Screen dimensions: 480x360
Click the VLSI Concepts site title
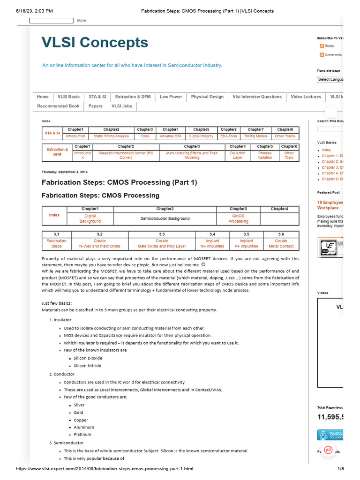pos(95,43)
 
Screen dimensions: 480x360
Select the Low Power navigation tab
pos(171,97)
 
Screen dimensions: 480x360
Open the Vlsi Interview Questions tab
pos(257,97)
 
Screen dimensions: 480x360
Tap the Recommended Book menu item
pos(58,106)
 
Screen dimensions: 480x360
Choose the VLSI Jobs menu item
pos(121,106)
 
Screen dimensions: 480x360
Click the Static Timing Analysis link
pos(111,136)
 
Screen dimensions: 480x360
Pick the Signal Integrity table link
pos(201,136)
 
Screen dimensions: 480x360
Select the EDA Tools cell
pos(229,136)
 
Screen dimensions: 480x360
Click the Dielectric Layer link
pos(238,155)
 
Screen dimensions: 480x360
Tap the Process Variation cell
pos(265,155)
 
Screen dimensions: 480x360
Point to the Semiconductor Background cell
pos(165,218)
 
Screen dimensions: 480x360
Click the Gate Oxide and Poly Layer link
pos(162,244)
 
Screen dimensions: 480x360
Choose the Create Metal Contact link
pos(281,244)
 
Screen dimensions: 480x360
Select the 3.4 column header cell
pos(212,233)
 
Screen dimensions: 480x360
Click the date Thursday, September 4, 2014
pos(64,172)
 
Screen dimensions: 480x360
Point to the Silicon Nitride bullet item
pos(87,366)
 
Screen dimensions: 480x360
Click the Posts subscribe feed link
pos(329,46)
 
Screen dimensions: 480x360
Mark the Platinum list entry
pos(82,435)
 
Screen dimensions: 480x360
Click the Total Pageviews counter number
pos(330,417)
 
